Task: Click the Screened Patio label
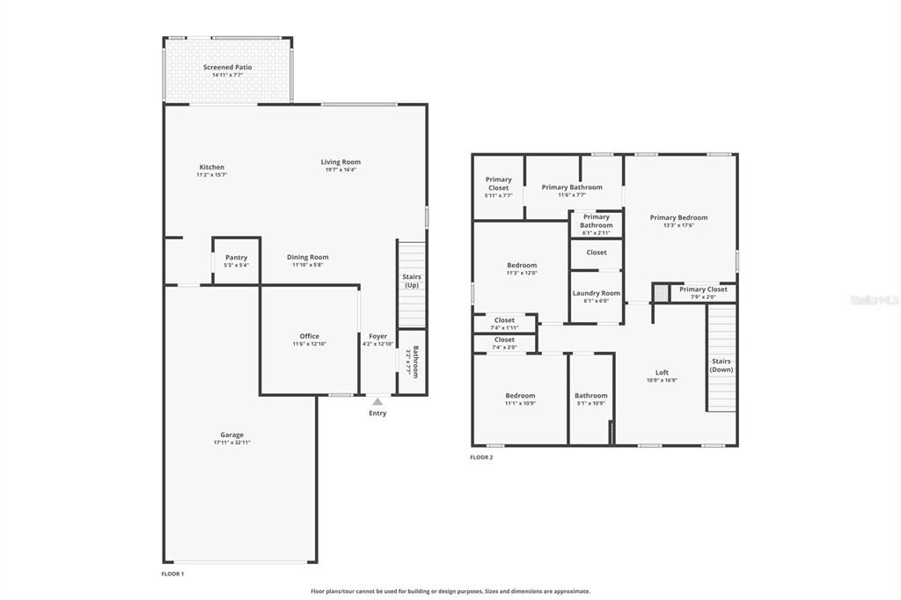(228, 67)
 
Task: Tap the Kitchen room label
(212, 167)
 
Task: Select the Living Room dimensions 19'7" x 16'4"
(341, 170)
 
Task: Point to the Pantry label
(236, 258)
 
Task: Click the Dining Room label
(308, 257)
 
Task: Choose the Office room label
(309, 336)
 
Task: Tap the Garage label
(232, 435)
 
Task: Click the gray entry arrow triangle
(377, 401)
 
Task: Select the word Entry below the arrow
(377, 413)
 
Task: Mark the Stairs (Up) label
(412, 281)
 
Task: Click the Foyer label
(377, 336)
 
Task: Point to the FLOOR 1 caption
(172, 574)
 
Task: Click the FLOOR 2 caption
(481, 457)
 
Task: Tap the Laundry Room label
(596, 293)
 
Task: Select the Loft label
(662, 372)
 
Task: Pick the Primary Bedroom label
(678, 217)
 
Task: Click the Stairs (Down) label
(722, 365)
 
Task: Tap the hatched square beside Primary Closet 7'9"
(660, 292)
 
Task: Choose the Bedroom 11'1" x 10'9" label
(520, 395)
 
